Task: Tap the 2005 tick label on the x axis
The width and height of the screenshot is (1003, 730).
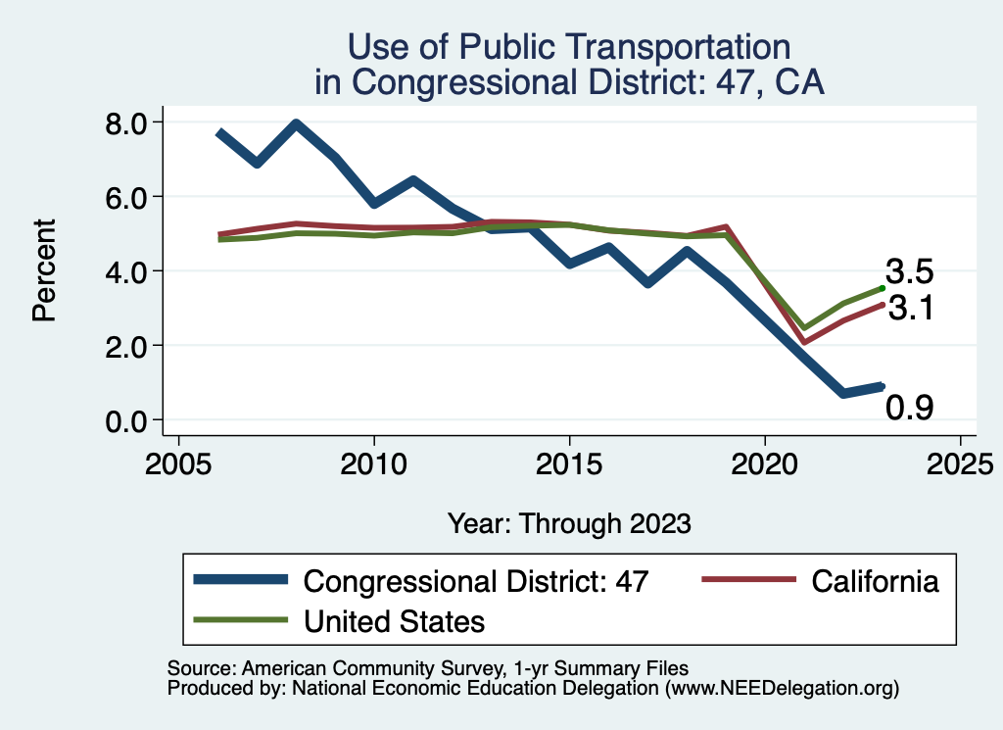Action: click(x=178, y=462)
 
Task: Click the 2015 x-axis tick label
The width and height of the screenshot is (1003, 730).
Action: click(x=569, y=462)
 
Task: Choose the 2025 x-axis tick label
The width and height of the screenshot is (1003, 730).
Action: click(x=960, y=462)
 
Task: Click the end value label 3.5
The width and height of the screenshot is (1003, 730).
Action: click(x=910, y=271)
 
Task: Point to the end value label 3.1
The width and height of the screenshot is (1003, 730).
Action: click(x=910, y=310)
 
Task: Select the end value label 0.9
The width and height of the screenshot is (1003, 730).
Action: click(x=910, y=407)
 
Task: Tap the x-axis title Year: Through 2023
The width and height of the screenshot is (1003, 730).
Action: click(x=569, y=523)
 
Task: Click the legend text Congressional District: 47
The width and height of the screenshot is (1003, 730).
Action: click(x=476, y=581)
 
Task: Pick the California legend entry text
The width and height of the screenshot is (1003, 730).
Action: click(x=875, y=581)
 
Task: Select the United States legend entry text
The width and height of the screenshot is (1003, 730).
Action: click(x=395, y=621)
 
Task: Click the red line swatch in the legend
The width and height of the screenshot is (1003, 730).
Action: click(x=748, y=580)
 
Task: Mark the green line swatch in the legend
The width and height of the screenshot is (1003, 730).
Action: click(x=241, y=620)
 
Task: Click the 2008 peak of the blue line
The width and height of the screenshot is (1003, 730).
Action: click(x=296, y=124)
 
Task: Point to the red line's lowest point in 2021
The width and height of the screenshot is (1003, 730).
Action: click(x=804, y=342)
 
